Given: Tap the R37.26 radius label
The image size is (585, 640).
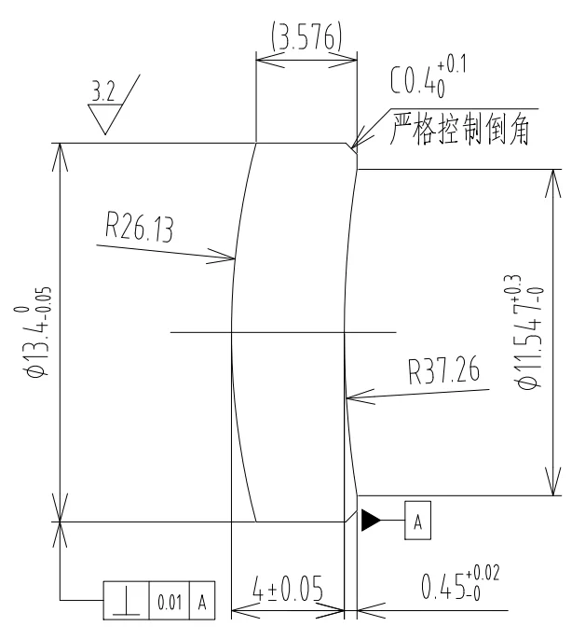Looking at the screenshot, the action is [443, 374].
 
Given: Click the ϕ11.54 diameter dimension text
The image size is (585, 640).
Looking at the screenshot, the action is [528, 331].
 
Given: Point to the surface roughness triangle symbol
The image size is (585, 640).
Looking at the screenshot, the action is [104, 119].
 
